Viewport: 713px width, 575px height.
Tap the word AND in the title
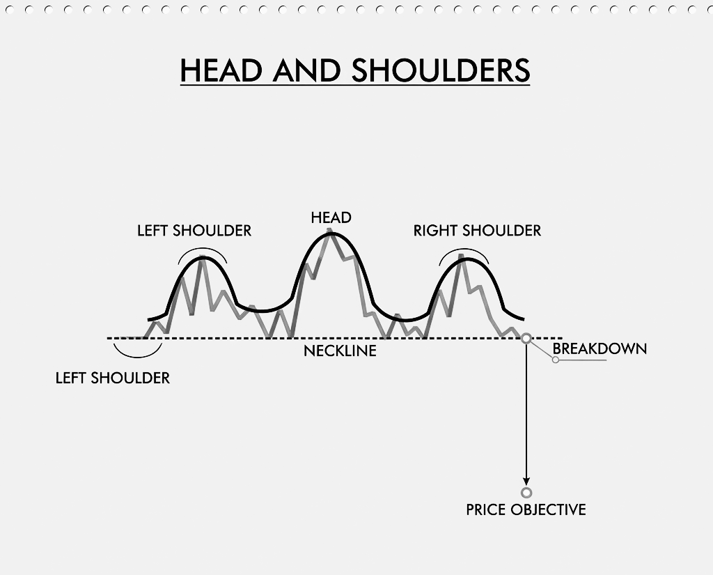click(x=307, y=70)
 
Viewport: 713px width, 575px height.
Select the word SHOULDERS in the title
click(x=441, y=70)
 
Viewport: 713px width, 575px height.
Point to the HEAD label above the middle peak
click(x=331, y=217)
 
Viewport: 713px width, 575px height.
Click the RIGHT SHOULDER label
click(x=477, y=231)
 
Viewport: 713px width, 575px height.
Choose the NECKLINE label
click(x=340, y=351)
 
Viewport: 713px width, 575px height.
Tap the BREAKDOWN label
click(x=600, y=348)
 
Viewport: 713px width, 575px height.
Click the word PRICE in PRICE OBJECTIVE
click(x=486, y=509)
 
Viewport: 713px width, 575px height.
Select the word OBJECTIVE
click(x=549, y=509)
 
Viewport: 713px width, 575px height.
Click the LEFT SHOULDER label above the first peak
click(x=194, y=231)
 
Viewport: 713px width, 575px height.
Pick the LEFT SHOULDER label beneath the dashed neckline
click(x=113, y=378)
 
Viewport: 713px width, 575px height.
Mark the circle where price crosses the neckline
click(x=526, y=338)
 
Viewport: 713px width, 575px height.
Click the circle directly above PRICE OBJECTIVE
click(x=526, y=493)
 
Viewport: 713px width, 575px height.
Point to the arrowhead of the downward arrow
click(x=526, y=482)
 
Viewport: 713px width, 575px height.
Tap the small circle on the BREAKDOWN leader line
click(x=556, y=360)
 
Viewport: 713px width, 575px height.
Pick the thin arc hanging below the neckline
click(x=137, y=353)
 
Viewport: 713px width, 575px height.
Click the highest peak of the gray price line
click(x=331, y=231)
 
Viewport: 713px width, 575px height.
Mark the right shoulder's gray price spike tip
click(x=460, y=256)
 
